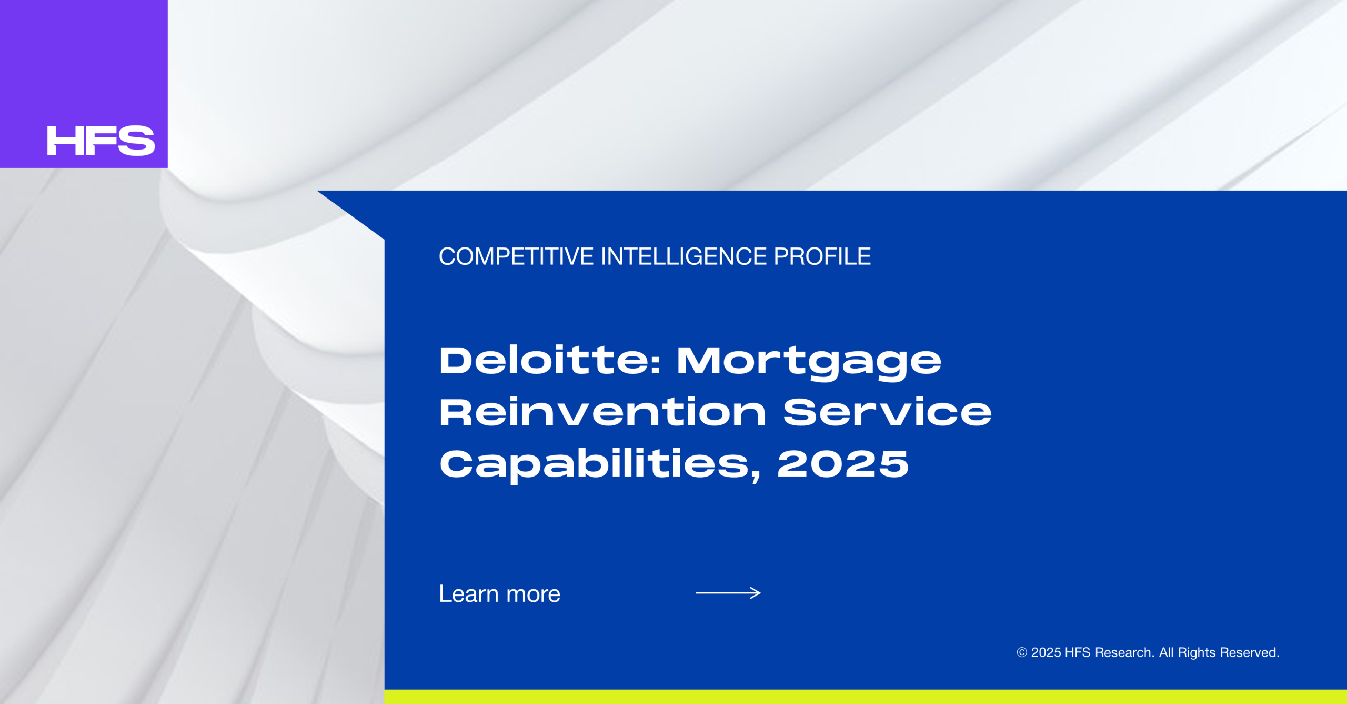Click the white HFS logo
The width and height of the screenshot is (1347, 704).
[101, 141]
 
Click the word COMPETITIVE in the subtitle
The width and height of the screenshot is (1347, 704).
[516, 256]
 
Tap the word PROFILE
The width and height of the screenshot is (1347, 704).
[822, 256]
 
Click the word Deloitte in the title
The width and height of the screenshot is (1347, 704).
[545, 361]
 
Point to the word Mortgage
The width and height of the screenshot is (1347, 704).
[809, 363]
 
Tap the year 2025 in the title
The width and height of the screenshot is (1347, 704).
[843, 464]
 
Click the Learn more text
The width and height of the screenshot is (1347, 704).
[499, 594]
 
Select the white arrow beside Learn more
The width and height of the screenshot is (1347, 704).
[728, 593]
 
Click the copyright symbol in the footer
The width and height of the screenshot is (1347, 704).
[1022, 652]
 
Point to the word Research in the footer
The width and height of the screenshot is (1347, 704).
[1124, 652]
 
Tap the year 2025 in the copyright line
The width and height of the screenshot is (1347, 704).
[1046, 652]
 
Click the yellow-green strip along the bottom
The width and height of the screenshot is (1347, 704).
[866, 697]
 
